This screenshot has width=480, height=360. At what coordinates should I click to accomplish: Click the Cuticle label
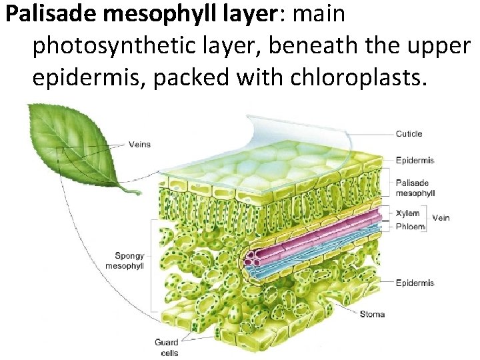(409, 134)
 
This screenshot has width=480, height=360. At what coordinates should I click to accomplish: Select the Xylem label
(407, 213)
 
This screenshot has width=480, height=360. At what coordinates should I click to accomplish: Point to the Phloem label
(409, 226)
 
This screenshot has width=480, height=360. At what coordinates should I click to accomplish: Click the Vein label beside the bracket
(441, 218)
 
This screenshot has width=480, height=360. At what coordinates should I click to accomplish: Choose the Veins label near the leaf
(139, 145)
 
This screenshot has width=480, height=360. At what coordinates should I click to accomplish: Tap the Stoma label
(372, 314)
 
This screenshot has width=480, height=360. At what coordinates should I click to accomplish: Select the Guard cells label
(166, 347)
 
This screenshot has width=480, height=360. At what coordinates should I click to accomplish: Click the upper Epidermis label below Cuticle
(415, 160)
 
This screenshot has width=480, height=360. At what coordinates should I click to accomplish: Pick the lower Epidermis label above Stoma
(415, 283)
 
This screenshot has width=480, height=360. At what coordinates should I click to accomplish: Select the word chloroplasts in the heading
(357, 77)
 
